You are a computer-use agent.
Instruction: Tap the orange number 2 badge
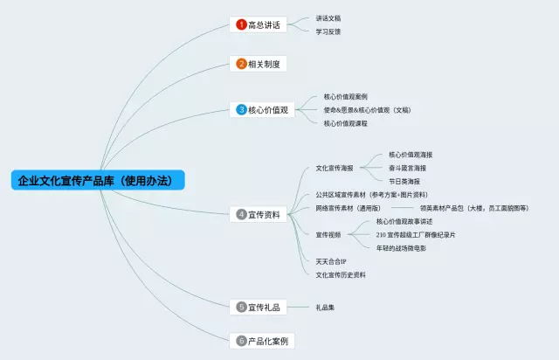[x=242, y=64]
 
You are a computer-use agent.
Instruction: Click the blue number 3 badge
[x=242, y=110]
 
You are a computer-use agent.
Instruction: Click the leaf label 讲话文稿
[x=328, y=17]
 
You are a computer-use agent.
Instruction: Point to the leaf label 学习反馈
[x=328, y=31]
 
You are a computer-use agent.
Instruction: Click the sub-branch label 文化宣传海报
[x=334, y=167]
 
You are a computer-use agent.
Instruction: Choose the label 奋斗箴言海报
[x=409, y=167]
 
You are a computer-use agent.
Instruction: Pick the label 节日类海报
[x=404, y=181]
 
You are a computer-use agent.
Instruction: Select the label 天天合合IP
[x=331, y=261]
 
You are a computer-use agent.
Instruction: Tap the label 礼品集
[x=325, y=307]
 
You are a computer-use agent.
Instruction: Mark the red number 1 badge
[x=242, y=24]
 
